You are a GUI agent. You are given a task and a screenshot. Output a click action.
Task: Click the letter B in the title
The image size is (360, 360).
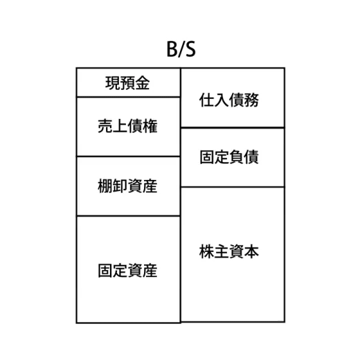pos(172,49)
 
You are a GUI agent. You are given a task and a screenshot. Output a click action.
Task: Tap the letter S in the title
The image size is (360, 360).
pos(191,49)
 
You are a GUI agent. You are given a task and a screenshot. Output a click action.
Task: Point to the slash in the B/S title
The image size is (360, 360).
pos(181,50)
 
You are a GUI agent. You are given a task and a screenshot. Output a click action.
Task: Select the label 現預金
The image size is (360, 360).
pos(127,83)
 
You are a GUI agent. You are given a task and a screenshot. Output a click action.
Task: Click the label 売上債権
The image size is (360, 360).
pos(128,126)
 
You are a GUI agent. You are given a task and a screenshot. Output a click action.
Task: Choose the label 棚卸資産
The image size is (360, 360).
pos(128,186)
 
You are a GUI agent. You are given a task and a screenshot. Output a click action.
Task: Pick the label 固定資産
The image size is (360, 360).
pos(128,271)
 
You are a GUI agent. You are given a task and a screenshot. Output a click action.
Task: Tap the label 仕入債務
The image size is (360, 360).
pos(229,100)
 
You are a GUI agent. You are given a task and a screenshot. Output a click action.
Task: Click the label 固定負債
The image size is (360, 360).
pos(229,157)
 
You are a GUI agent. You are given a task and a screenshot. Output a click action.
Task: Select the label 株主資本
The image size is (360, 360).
pos(229,251)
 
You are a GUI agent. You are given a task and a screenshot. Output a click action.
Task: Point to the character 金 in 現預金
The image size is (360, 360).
pos(143,83)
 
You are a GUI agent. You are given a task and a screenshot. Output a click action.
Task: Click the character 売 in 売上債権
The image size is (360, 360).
pos(105,126)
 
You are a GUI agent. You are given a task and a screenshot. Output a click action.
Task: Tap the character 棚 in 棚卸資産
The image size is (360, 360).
pos(105,186)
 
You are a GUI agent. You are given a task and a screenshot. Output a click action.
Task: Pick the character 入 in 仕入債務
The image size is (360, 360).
pos(221,100)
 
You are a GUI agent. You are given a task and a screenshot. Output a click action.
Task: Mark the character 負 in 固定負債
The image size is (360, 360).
pos(237,157)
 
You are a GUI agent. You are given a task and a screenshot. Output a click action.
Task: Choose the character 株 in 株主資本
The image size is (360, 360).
pos(206,251)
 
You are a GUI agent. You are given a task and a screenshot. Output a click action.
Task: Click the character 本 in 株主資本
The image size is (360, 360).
pos(251,251)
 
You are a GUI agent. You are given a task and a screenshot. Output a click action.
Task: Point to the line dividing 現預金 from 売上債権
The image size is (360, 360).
pos(129,97)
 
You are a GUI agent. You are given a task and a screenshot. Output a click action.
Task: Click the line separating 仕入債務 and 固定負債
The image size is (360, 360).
pos(233,127)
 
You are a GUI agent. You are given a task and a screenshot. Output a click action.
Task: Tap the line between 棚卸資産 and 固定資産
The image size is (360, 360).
pos(129,216)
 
